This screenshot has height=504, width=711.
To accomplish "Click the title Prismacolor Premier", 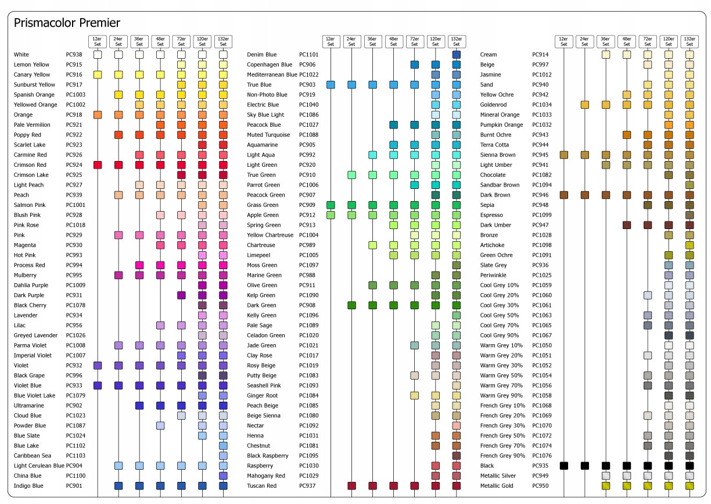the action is coord(67,23).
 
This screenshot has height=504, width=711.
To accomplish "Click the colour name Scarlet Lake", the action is coord(30,145).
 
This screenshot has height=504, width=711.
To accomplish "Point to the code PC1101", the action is coord(308,55).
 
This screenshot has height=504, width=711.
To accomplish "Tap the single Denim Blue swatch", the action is coord(457,55).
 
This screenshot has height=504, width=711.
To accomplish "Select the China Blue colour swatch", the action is coord(224,476).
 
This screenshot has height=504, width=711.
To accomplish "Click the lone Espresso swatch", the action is coord(690,215).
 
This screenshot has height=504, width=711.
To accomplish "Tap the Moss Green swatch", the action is coord(457,265).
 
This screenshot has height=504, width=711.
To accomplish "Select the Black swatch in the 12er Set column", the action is coord(563,466).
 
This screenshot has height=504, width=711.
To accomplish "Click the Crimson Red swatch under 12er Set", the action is coord(98,165).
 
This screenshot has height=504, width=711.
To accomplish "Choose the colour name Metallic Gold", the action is coord(497,485).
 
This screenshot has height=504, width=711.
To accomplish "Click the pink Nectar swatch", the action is coord(457,426).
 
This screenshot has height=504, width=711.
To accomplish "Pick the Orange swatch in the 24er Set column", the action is coord(119,115).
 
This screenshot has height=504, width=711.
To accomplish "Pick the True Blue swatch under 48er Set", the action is coord(394,85).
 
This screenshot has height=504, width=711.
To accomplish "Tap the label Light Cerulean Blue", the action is coord(39,466).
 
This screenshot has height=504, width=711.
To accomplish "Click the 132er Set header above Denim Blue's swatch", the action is coord(457,42).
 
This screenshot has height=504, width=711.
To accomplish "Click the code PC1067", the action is coord(542,335).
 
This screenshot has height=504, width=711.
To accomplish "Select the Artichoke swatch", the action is coord(690,245).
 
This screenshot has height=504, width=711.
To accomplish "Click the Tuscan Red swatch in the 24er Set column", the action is coord(351,485).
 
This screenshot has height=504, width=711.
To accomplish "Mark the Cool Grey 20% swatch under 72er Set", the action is coord(648,295).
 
